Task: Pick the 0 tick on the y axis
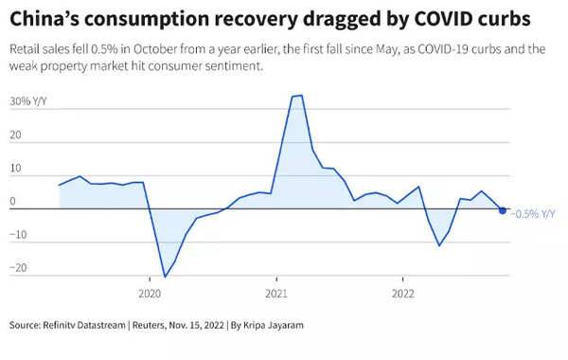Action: pyautogui.click(x=11, y=202)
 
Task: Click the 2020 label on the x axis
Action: pyautogui.click(x=150, y=293)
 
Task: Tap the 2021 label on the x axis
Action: pyautogui.click(x=275, y=293)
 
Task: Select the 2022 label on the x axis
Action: pyautogui.click(x=403, y=293)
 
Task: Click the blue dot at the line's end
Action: pyautogui.click(x=503, y=210)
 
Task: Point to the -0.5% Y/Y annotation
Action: pyautogui.click(x=532, y=213)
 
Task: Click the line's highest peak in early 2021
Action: pyautogui.click(x=296, y=96)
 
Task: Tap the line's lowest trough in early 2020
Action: pyautogui.click(x=165, y=277)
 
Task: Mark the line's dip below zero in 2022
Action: pyautogui.click(x=439, y=245)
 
